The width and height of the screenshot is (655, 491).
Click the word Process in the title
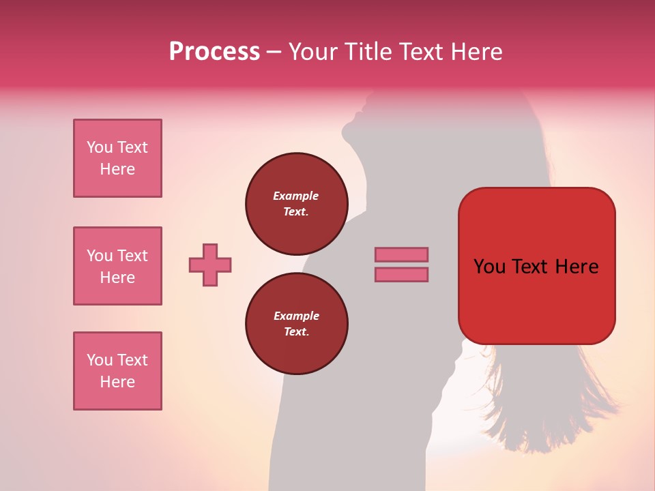[x=214, y=52]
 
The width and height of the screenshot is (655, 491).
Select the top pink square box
[x=117, y=158]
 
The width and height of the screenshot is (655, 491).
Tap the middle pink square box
[x=117, y=266]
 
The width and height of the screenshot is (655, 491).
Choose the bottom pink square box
[x=117, y=371]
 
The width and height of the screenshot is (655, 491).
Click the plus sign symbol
[x=210, y=265]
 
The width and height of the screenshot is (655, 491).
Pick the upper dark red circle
[x=296, y=204]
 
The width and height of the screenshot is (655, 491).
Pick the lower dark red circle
[x=296, y=324]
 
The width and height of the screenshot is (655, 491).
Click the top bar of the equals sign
[x=401, y=254]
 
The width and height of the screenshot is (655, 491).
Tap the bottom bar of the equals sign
[x=401, y=274]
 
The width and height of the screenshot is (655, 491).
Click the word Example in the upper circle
[x=296, y=196]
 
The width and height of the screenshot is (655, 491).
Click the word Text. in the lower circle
[x=296, y=331]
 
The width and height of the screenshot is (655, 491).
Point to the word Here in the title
[x=475, y=52]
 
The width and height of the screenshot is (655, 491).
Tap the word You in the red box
[x=489, y=267]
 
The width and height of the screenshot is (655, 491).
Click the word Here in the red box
[x=577, y=267]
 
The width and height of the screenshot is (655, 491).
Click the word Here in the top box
[x=117, y=169]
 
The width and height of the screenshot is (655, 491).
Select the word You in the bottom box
[x=100, y=360]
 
